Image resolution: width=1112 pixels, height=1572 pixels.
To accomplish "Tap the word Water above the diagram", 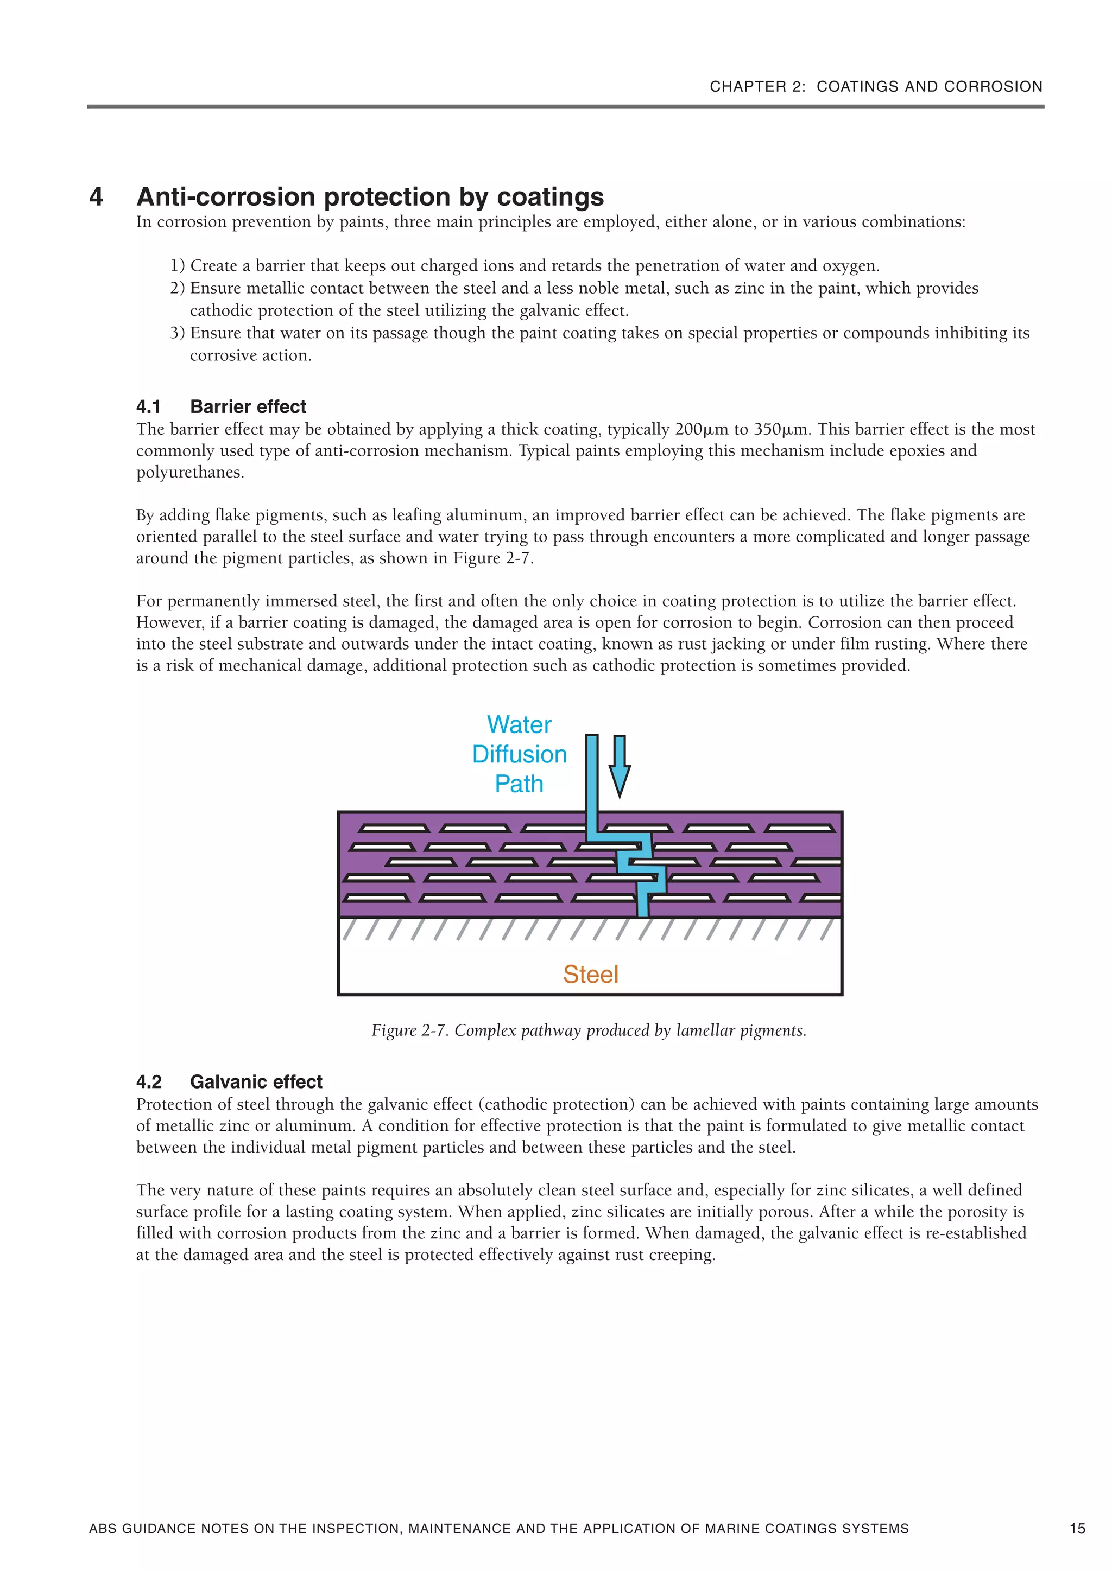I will [x=519, y=724].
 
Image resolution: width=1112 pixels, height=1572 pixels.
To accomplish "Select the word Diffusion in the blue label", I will [x=519, y=754].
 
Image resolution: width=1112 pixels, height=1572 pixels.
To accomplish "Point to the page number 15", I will [x=1077, y=1528].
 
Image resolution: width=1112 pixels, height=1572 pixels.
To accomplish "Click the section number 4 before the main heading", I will [x=96, y=196].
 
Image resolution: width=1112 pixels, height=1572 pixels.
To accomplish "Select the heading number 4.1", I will [x=148, y=406].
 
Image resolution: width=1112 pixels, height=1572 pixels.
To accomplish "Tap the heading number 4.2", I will [x=149, y=1082].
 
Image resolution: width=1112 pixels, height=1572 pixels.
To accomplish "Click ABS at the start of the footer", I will [x=102, y=1528].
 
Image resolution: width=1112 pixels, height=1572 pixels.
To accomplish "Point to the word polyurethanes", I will [x=190, y=473].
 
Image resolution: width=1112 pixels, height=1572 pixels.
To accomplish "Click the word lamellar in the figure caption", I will [x=706, y=1030].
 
